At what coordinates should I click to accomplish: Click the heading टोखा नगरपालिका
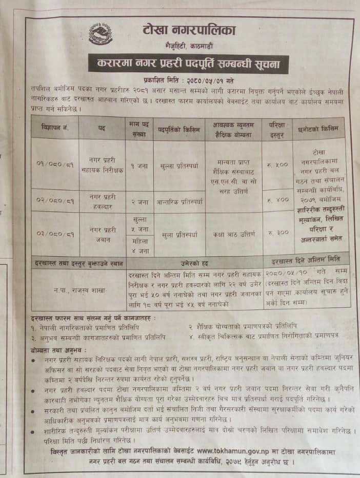click(189, 31)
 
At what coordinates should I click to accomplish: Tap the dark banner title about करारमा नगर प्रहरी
click(188, 65)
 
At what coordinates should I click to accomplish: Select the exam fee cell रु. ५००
click(277, 165)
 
